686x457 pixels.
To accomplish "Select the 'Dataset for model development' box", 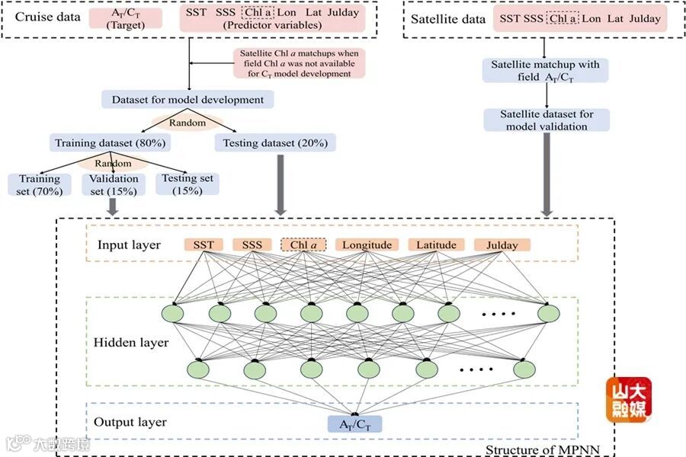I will point(188,99).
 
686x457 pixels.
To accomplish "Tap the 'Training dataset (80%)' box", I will point(111,142).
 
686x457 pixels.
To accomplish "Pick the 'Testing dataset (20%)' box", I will point(275,142).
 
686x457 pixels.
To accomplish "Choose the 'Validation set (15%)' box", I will point(114,184).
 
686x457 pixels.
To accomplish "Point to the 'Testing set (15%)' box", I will point(186,184).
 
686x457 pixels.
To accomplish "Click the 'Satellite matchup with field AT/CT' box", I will point(546,71).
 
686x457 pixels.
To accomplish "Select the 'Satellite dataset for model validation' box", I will point(546,120).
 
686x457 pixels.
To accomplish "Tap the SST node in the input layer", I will point(204,244).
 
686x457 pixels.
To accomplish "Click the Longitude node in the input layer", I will point(367,244).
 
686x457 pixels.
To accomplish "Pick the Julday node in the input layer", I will point(502,244).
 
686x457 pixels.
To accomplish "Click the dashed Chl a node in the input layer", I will point(303,244).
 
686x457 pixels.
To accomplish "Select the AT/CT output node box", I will point(354,423).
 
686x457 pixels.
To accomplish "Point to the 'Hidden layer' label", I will point(131,343).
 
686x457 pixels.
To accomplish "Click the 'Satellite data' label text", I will point(448,19).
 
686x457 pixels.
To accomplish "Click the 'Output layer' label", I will point(130,422).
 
